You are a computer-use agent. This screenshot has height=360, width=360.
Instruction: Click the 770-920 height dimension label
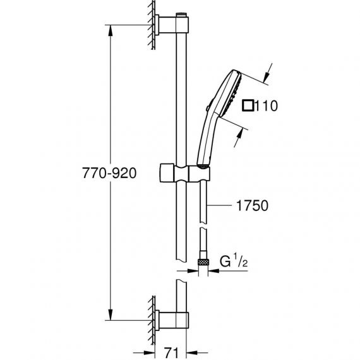point(109,173)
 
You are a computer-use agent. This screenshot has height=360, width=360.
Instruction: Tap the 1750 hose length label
point(252,205)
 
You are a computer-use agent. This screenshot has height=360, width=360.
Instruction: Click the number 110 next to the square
point(267,106)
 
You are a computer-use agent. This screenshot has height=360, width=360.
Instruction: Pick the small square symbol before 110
point(248,106)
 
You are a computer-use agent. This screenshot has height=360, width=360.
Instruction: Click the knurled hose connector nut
point(203,261)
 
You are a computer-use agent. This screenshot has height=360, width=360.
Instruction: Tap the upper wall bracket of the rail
point(172,25)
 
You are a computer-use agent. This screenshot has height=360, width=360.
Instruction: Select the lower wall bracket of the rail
point(172,320)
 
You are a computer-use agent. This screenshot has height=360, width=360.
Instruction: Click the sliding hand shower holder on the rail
point(184,173)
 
